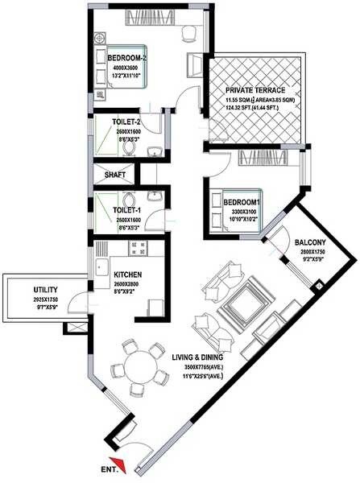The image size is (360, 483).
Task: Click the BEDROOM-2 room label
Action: (x=127, y=59)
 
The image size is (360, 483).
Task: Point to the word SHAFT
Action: (x=110, y=174)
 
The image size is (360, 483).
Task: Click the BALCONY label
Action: (x=309, y=242)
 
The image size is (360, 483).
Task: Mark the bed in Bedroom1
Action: (x=234, y=209)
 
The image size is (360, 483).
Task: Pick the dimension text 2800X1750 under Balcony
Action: (x=310, y=251)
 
